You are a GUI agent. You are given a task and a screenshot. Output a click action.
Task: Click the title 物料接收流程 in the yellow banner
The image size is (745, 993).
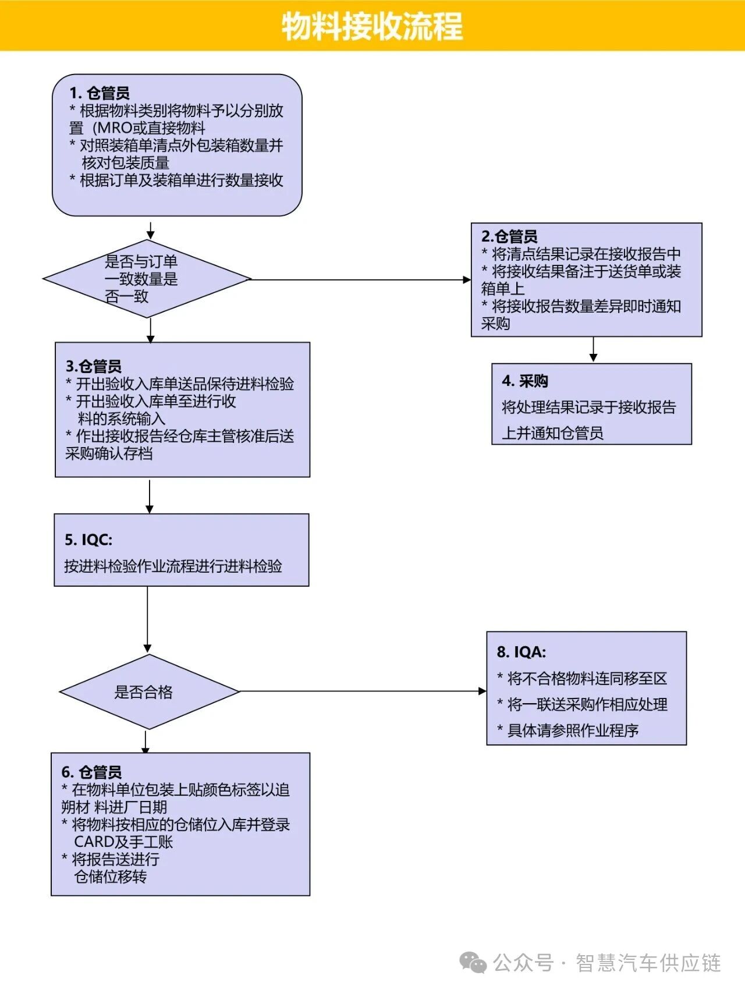372,26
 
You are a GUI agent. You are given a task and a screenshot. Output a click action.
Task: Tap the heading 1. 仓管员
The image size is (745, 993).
100,93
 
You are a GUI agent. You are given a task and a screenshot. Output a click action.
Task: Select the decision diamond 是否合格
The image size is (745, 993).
149,691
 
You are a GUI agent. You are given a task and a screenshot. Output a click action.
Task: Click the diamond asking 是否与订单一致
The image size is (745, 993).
147,279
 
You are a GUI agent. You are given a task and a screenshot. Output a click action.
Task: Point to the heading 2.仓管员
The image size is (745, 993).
509,236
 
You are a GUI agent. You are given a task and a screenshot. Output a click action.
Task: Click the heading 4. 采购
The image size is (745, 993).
525,381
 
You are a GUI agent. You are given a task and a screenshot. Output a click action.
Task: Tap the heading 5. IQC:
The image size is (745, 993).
88,540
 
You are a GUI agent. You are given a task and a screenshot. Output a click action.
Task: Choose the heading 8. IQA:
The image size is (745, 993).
521,652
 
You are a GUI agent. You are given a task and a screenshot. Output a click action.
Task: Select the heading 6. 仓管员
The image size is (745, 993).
92,772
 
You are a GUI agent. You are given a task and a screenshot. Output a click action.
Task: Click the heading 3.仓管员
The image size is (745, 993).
94,366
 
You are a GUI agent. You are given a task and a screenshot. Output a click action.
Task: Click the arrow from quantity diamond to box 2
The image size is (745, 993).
361,279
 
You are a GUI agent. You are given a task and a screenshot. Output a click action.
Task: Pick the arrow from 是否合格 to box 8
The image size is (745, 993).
363,691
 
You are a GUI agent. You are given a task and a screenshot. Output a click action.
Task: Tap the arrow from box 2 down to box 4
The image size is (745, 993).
593,349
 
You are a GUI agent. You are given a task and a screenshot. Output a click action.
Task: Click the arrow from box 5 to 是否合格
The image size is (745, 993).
147,619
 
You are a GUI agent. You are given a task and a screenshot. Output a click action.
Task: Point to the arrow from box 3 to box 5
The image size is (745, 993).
150,495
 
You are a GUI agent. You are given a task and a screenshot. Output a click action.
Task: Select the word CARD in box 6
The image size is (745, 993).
94,842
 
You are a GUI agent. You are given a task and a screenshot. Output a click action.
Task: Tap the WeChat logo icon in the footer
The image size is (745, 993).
473,963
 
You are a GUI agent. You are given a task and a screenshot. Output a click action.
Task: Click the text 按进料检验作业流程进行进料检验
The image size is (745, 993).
173,566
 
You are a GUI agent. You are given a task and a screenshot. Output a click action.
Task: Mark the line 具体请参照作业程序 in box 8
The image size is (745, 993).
573,730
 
